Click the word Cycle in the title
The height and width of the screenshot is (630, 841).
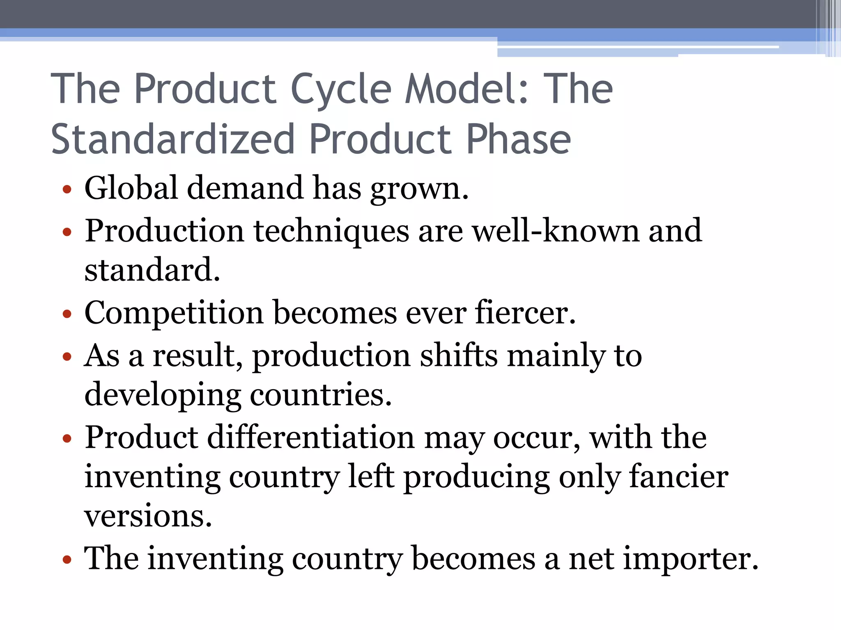point(341,89)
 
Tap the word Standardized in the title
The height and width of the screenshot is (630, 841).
point(173,139)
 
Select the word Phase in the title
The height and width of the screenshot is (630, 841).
point(518,139)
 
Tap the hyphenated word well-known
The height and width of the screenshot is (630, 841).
point(556,231)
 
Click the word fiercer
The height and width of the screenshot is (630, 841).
point(525,313)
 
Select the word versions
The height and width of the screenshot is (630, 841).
point(148,516)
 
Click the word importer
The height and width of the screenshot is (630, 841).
point(690,559)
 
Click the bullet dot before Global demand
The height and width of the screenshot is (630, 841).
point(67,190)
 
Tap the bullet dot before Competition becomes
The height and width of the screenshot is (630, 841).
point(67,315)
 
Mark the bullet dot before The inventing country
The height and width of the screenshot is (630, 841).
point(67,560)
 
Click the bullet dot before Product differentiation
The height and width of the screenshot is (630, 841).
point(67,439)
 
